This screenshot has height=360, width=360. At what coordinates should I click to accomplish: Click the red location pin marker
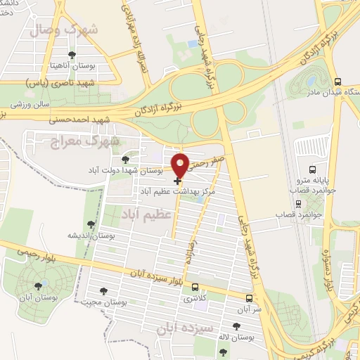click(181, 165)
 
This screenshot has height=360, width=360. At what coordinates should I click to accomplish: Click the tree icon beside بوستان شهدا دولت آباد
click(126, 160)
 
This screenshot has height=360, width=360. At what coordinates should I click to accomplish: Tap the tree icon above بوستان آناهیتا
click(71, 54)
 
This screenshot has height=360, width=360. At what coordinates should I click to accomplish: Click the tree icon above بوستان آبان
click(38, 286)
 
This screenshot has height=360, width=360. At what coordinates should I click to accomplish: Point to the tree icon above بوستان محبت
click(103, 290)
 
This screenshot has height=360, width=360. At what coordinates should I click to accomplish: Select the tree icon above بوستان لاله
click(236, 326)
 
